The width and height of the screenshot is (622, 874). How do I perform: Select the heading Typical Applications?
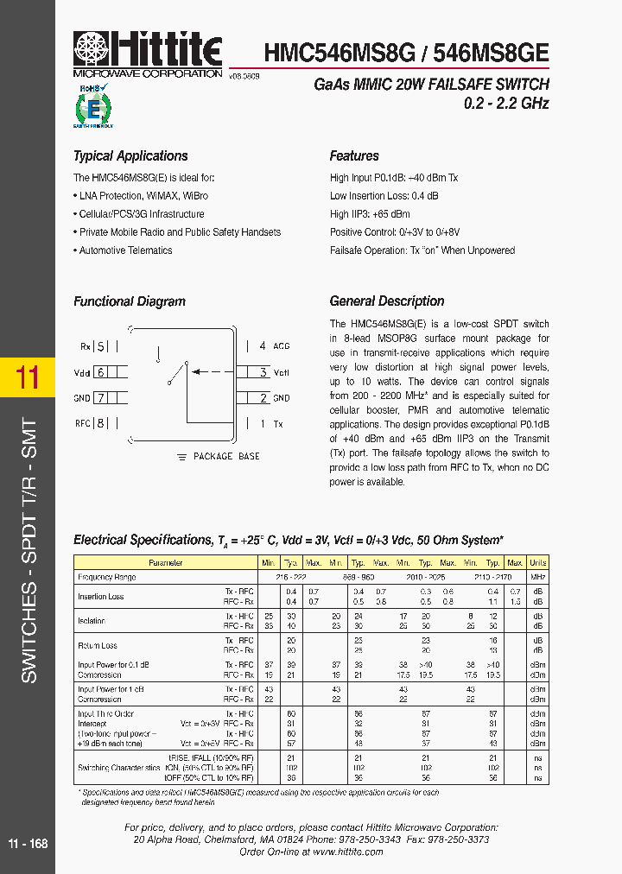pyautogui.click(x=130, y=156)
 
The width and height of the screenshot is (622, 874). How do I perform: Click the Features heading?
pyautogui.click(x=354, y=156)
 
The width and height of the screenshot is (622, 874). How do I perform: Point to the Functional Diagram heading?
pyautogui.click(x=130, y=301)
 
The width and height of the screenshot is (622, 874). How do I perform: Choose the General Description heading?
pyautogui.click(x=387, y=301)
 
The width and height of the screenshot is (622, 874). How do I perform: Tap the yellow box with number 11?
pyautogui.click(x=28, y=377)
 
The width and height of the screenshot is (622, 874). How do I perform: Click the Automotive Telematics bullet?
pyautogui.click(x=125, y=250)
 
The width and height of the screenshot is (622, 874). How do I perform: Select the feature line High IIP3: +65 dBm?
pyautogui.click(x=370, y=214)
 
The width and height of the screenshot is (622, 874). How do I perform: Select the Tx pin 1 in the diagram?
pyautogui.click(x=272, y=424)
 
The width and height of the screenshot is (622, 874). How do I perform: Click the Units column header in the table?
pyautogui.click(x=537, y=563)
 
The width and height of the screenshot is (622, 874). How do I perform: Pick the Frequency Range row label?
pyautogui.click(x=107, y=577)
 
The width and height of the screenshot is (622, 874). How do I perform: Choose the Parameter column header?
pyautogui.click(x=165, y=563)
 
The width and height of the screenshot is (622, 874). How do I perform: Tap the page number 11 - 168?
pyautogui.click(x=28, y=844)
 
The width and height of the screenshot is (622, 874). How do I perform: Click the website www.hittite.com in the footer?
pyautogui.click(x=348, y=852)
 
